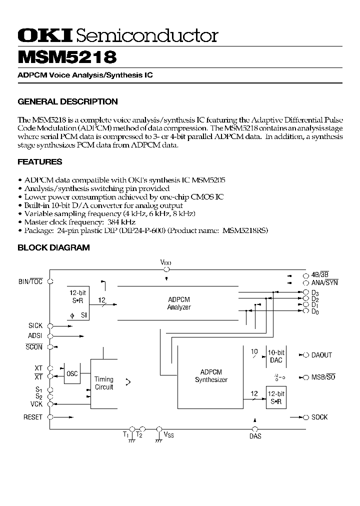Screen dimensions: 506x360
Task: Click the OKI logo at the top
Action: coord(45,35)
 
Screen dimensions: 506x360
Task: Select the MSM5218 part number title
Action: coord(67,56)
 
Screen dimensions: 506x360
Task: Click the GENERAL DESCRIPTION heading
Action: coord(67,101)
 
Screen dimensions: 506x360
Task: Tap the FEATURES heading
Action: coord(40,161)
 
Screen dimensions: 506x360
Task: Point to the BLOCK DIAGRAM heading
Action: coord(53,247)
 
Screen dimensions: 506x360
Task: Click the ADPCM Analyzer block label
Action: coord(178,303)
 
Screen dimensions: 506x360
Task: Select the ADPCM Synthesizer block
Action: coord(210,376)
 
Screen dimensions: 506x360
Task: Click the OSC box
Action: coord(72,374)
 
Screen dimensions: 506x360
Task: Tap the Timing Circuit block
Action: coord(104,383)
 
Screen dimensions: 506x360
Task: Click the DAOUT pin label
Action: coord(321,355)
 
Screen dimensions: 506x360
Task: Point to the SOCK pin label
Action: coord(319,417)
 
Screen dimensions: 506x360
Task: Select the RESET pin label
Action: coord(33,417)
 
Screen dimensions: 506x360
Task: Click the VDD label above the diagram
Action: coord(165,262)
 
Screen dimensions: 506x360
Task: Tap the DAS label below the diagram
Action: coord(255,436)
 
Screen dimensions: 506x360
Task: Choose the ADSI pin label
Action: coord(35,336)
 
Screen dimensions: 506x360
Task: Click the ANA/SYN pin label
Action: coord(324,282)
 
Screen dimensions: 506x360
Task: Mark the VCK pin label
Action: coord(36,404)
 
